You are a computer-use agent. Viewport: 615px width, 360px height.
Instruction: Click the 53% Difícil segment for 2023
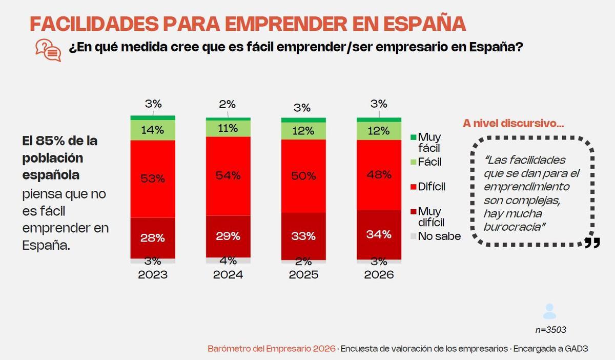(x=153, y=179)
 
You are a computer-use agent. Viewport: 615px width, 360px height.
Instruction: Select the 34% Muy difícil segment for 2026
(x=379, y=234)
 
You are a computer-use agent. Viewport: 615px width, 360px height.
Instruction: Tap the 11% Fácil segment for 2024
(x=228, y=129)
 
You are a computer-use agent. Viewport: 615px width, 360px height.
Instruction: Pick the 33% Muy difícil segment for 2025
(x=303, y=236)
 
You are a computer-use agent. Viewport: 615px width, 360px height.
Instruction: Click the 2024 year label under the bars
(x=228, y=275)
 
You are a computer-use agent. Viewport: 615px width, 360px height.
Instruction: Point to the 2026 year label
(x=379, y=275)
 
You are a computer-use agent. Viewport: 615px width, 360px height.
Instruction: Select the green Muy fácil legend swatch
(x=413, y=137)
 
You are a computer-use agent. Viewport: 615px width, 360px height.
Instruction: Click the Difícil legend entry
(x=432, y=187)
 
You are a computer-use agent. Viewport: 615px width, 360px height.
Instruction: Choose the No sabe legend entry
(x=439, y=236)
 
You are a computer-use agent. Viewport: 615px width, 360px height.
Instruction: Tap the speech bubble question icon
(x=48, y=50)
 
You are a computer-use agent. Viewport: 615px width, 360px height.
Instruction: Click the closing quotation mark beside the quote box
(x=592, y=243)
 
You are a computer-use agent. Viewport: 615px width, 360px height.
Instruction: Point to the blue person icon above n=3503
(x=549, y=311)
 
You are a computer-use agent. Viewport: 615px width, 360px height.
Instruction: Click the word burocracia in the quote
(x=512, y=226)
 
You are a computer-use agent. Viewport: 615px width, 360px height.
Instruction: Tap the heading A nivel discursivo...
(x=513, y=123)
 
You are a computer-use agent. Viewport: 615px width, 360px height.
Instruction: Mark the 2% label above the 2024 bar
(x=227, y=105)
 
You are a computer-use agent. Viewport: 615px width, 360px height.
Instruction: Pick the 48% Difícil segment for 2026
(x=379, y=175)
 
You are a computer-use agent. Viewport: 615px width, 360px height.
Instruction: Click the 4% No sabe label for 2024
(x=228, y=260)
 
